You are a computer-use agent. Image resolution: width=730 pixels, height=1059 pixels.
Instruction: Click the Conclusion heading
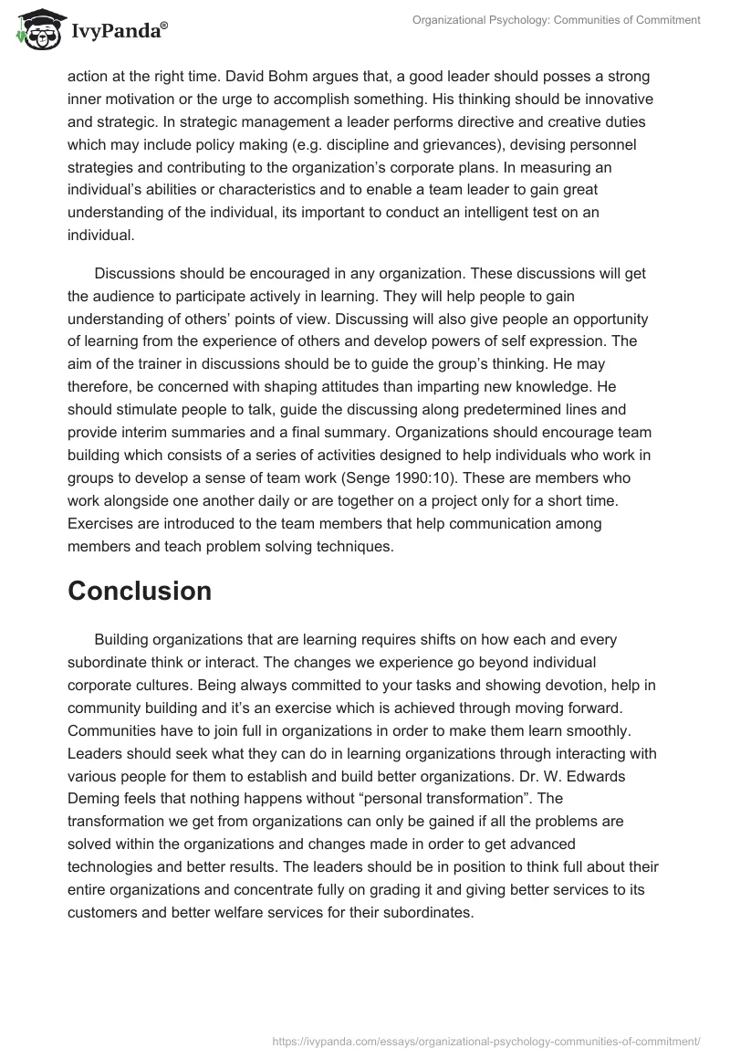140,591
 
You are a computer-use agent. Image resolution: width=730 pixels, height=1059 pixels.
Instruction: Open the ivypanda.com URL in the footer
487,1040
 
